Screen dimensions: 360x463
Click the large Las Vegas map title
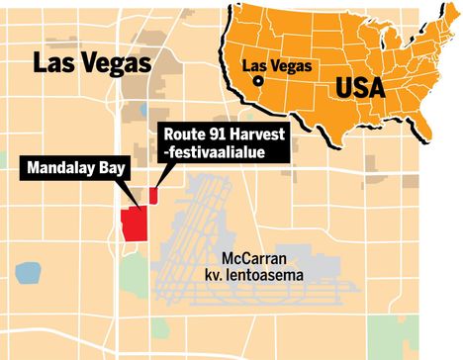tap(92, 63)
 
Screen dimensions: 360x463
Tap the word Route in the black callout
tap(183, 135)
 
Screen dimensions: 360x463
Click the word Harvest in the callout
tap(256, 135)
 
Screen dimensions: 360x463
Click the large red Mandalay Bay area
tap(133, 224)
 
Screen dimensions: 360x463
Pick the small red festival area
tap(153, 195)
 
